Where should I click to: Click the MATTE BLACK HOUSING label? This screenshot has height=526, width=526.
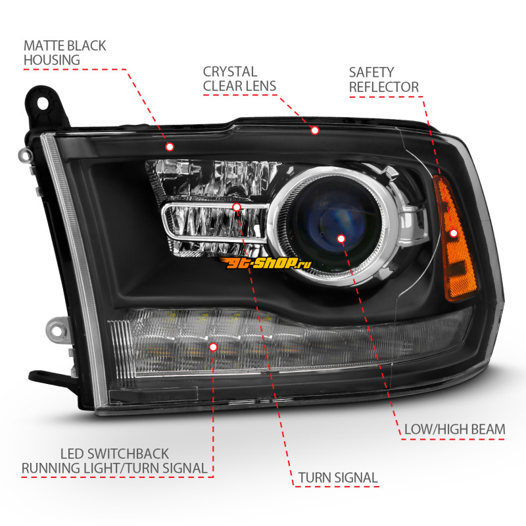point(64,53)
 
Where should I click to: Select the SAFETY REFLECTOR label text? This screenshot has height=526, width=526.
point(383,79)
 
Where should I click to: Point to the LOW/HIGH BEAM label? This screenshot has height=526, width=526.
point(454,429)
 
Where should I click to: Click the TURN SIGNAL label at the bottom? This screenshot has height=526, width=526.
point(338,477)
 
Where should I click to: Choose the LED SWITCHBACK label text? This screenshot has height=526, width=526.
point(114,454)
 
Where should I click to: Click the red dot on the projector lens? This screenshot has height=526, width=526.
point(341,238)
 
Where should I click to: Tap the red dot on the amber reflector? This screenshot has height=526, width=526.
point(454,233)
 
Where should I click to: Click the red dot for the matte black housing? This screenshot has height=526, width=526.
point(170,146)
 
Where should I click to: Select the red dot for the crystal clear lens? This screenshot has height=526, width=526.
point(314,131)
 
